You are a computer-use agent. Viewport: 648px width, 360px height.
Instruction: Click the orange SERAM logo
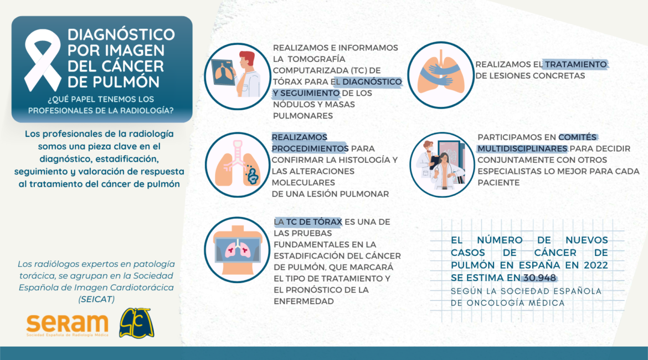(68, 325)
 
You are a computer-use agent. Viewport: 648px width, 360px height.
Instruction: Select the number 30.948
(539, 277)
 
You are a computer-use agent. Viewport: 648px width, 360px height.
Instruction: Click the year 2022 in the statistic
(595, 265)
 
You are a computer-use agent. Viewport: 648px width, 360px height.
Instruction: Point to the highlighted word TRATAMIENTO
(575, 64)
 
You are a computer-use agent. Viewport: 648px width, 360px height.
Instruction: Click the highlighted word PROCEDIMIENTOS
(310, 148)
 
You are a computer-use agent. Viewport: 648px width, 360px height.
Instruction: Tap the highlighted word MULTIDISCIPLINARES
(522, 148)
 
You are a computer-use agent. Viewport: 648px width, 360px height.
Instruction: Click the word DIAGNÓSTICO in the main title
(121, 35)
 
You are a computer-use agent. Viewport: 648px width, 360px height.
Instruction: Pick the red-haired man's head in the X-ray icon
(247, 60)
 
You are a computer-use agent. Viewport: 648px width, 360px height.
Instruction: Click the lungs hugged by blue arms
(440, 75)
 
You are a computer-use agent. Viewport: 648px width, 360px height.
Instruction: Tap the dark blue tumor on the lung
(252, 176)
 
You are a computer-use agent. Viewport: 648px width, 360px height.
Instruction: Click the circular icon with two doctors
(442, 164)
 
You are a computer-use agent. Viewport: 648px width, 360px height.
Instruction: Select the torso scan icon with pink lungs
(237, 250)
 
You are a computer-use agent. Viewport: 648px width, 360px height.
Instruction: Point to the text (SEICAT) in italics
(96, 299)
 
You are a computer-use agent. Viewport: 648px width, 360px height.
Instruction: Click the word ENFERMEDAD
(304, 301)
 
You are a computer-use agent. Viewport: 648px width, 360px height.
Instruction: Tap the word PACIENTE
(498, 183)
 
